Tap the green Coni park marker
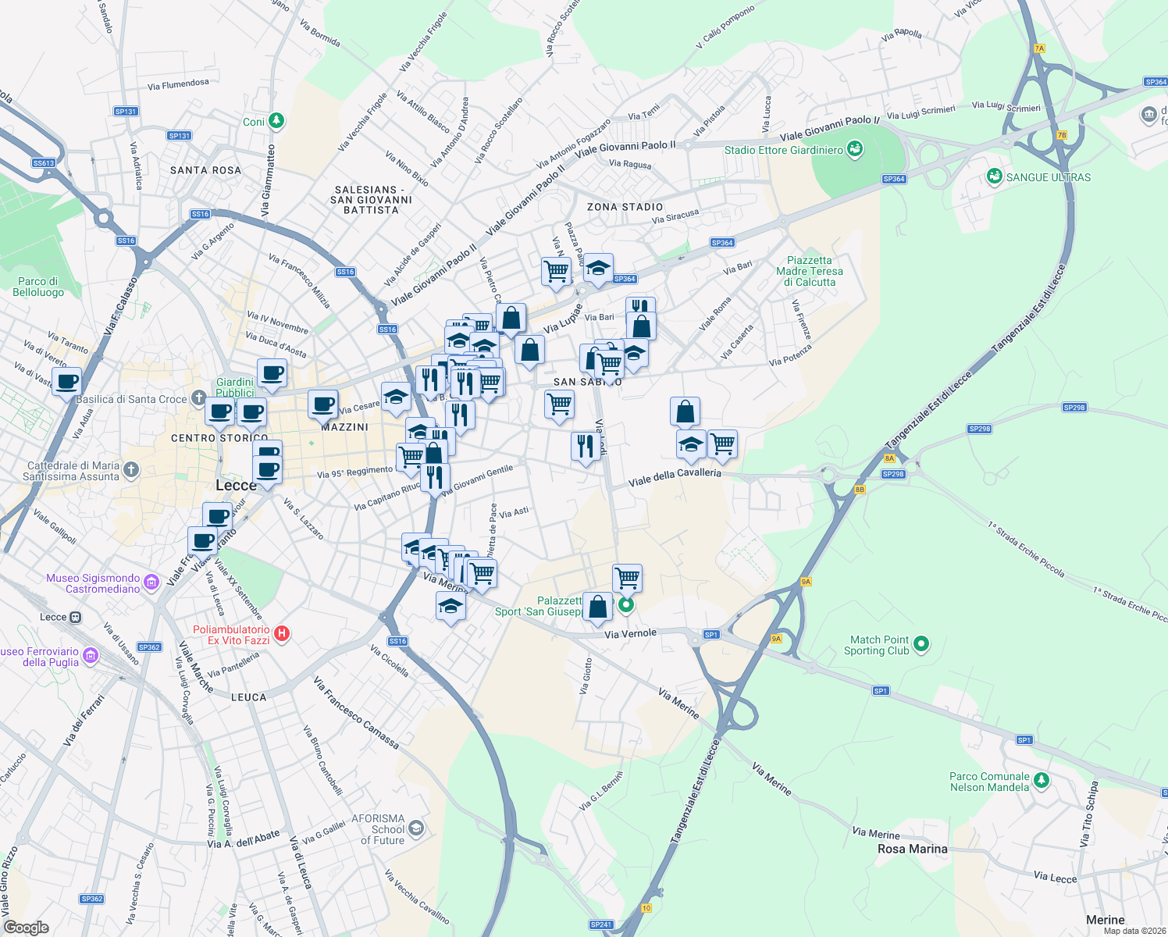pyautogui.click(x=276, y=121)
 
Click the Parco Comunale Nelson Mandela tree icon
pyautogui.click(x=1042, y=781)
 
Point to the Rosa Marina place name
pyautogui.click(x=912, y=849)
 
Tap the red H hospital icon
pyautogui.click(x=283, y=634)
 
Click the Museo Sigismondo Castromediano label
pyautogui.click(x=93, y=583)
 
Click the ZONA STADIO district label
pyautogui.click(x=625, y=207)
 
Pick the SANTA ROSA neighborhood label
pyautogui.click(x=205, y=170)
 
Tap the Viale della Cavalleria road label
pyautogui.click(x=675, y=476)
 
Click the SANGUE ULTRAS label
pyautogui.click(x=1048, y=177)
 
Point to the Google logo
pyautogui.click(x=26, y=928)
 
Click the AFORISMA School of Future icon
pyautogui.click(x=417, y=828)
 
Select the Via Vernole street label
pyautogui.click(x=630, y=633)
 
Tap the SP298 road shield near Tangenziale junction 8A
pyautogui.click(x=892, y=474)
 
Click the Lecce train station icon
pyautogui.click(x=76, y=617)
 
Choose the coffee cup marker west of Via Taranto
pyautogui.click(x=66, y=382)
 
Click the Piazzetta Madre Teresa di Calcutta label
pyautogui.click(x=810, y=271)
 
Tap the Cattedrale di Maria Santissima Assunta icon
pyautogui.click(x=131, y=470)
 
